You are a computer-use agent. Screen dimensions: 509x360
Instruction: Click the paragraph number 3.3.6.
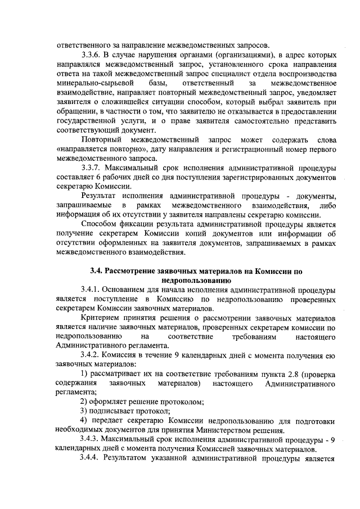[92, 56]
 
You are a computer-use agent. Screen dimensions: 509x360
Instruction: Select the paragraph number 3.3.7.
[92, 168]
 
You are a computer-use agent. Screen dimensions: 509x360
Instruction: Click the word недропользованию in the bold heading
[193, 280]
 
